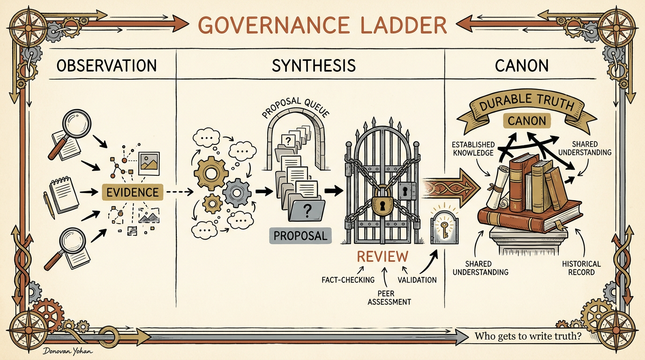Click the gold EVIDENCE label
(133, 192)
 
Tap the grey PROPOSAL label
(300, 236)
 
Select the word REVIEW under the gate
(382, 256)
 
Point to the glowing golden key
(444, 229)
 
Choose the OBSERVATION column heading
(106, 65)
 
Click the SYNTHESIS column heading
(314, 65)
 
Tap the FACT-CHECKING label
(348, 280)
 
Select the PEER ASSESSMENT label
(389, 298)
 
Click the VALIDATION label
(417, 280)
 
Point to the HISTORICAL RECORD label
(581, 268)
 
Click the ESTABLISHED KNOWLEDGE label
(473, 149)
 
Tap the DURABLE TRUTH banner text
(526, 103)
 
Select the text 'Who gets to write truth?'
(528, 336)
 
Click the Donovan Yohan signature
(68, 351)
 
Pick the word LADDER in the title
(404, 25)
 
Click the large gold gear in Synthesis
(211, 173)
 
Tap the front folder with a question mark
(307, 210)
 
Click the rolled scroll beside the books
(498, 187)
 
